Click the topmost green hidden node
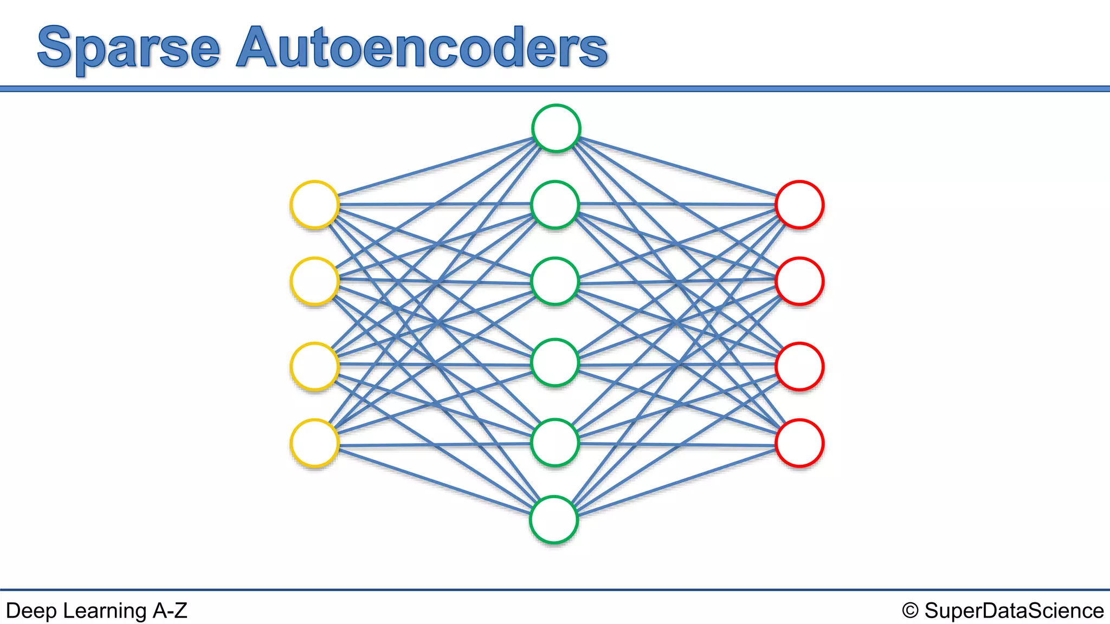(x=556, y=128)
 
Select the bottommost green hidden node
(x=554, y=519)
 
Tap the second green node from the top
(x=555, y=205)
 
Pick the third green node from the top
(x=555, y=281)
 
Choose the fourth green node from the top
(x=555, y=362)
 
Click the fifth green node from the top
(x=555, y=443)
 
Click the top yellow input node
(x=314, y=205)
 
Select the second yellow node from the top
(x=314, y=281)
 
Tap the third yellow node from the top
(x=314, y=366)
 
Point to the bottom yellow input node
(x=314, y=443)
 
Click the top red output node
(x=799, y=205)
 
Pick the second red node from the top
(x=799, y=281)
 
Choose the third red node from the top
(x=799, y=366)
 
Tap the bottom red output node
(x=799, y=443)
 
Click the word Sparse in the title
(x=129, y=49)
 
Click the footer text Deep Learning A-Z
(x=96, y=610)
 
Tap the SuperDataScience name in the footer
(x=1014, y=610)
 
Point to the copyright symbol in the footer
(x=910, y=611)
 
